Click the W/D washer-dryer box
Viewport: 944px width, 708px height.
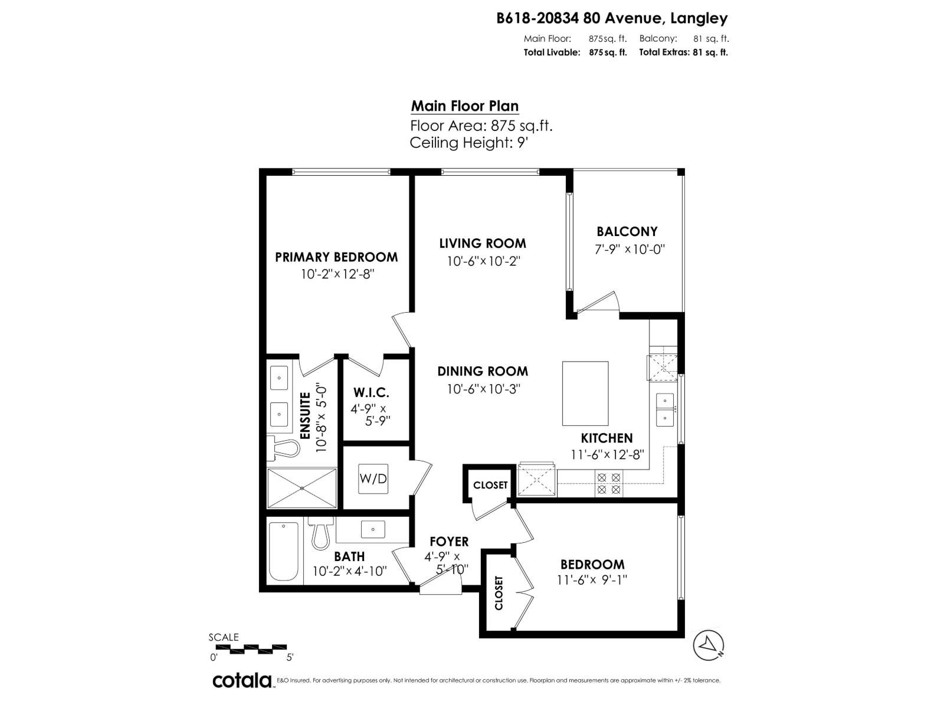[x=373, y=478]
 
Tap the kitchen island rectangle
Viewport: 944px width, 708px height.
[x=585, y=394]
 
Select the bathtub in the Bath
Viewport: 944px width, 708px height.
[x=283, y=551]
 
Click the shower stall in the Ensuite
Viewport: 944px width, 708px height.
[x=302, y=488]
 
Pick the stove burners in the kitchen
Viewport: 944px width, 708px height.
[x=608, y=483]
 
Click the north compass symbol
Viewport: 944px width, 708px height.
[x=709, y=645]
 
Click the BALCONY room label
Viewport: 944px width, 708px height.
[x=627, y=232]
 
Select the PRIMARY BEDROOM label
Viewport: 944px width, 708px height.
[x=336, y=257]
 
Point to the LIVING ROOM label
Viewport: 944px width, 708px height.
[x=483, y=243]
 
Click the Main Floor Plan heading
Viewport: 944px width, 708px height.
[x=465, y=106]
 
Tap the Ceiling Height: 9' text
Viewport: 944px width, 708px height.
[x=468, y=143]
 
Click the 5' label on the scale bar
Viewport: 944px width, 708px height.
[x=290, y=657]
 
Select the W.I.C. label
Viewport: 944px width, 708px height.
[x=371, y=392]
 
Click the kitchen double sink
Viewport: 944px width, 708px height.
[x=665, y=409]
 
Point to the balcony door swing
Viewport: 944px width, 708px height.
[x=597, y=302]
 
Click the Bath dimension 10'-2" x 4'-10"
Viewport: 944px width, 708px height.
[x=350, y=571]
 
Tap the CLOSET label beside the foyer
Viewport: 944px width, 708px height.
[x=490, y=485]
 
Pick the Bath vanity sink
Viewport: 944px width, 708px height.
[x=372, y=529]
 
